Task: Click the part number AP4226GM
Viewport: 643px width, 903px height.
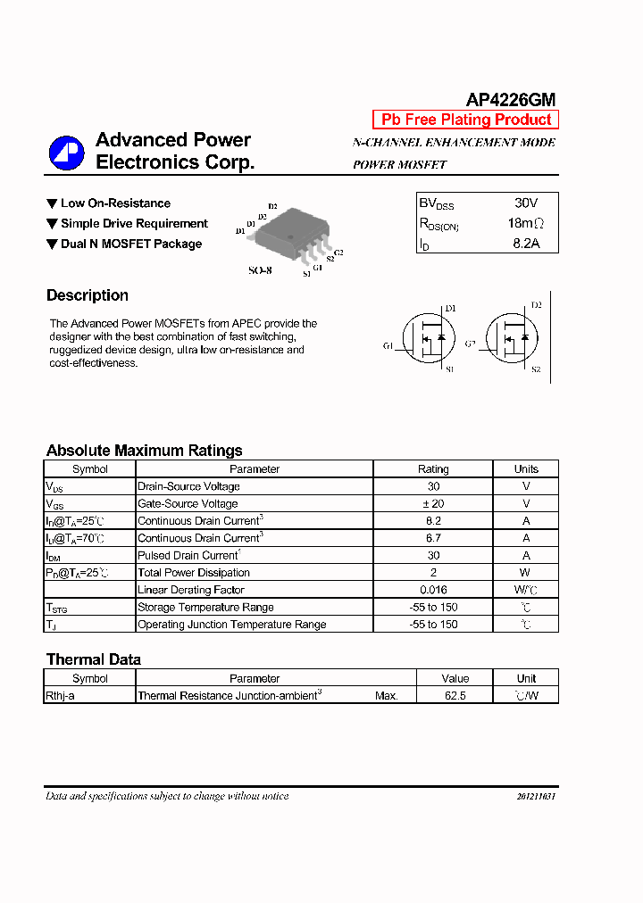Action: (511, 100)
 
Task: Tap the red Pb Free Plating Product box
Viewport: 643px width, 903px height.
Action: (465, 120)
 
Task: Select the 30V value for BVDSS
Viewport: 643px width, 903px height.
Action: (526, 203)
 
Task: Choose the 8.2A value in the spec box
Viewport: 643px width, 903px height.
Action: (526, 243)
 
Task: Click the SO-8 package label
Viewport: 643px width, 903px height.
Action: (260, 269)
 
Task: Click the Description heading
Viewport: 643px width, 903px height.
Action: (88, 295)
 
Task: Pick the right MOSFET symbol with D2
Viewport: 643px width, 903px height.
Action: (511, 338)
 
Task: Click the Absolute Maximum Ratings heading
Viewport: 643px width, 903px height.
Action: (144, 451)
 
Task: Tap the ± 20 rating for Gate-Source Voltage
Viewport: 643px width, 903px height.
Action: (433, 503)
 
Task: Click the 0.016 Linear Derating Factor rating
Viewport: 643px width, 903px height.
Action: (433, 590)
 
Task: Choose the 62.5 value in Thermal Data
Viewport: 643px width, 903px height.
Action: (455, 695)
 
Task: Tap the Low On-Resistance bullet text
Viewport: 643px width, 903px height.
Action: (115, 203)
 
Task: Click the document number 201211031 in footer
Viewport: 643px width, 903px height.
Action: (536, 796)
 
